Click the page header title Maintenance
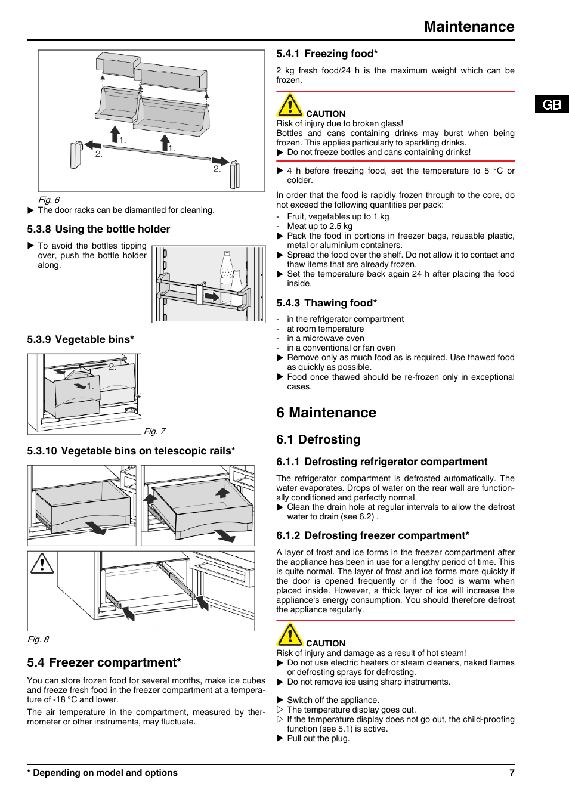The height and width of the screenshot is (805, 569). coord(469,27)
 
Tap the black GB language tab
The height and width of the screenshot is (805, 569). coord(552,104)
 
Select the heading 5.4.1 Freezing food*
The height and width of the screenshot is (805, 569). coord(327,54)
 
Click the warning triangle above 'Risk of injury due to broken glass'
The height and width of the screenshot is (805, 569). coord(290,106)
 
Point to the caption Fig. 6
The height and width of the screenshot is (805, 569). coord(49,200)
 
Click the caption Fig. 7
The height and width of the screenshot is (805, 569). coord(154,431)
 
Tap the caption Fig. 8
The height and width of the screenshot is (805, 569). coord(38,639)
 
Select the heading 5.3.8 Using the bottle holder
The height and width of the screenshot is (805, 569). coord(98,229)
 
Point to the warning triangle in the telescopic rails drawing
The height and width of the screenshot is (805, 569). coord(42,563)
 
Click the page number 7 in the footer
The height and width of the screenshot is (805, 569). coord(512,773)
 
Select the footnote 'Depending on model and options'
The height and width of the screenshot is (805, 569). coord(103,773)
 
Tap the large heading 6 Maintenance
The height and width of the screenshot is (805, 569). coord(326,413)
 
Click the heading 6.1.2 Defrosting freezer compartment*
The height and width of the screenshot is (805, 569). coord(373,535)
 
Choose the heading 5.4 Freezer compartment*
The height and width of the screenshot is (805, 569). coord(104,662)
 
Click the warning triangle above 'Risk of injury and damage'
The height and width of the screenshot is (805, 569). coord(290,635)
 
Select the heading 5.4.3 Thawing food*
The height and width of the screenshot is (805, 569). coord(326,303)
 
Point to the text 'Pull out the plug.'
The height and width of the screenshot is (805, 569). coord(318,738)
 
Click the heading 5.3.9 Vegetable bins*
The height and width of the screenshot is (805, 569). coord(81,339)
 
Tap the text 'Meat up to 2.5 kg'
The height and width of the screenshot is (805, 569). coord(320,226)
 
